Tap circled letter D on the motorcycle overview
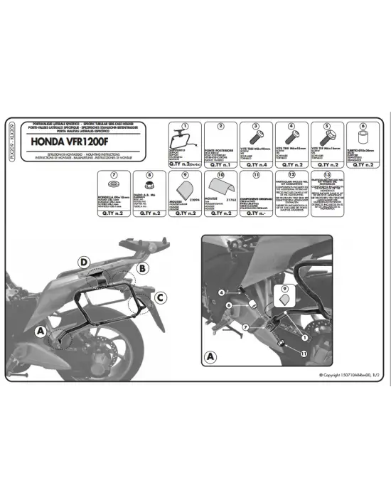click(x=85, y=263)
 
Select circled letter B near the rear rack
click(x=143, y=268)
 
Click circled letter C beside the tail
click(x=161, y=297)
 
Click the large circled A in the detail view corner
click(x=210, y=356)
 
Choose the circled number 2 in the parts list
click(x=221, y=126)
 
